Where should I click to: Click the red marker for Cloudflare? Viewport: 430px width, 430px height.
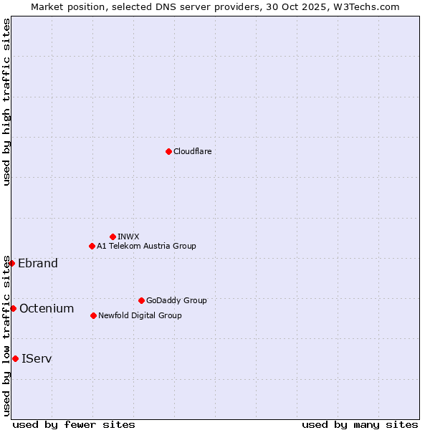pyautogui.click(x=168, y=151)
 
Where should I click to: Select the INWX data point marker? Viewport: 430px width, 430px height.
pyautogui.click(x=113, y=236)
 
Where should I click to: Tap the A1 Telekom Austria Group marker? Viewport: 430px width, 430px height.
pyautogui.click(x=92, y=246)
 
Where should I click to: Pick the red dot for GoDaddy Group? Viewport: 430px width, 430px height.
pyautogui.click(x=141, y=300)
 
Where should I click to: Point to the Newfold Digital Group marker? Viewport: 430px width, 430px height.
pyautogui.click(x=93, y=315)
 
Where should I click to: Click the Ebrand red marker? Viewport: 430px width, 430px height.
pyautogui.click(x=11, y=263)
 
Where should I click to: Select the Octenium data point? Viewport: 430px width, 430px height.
pyautogui.click(x=13, y=308)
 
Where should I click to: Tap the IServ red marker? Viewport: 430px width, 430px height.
pyautogui.click(x=15, y=358)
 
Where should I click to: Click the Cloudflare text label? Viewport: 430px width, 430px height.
pyautogui.click(x=192, y=151)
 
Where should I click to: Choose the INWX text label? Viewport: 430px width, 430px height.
pyautogui.click(x=128, y=236)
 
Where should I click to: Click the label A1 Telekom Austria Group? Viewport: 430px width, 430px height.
pyautogui.click(x=146, y=246)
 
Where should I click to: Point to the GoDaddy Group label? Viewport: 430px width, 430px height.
pyautogui.click(x=176, y=300)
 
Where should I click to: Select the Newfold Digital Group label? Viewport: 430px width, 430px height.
pyautogui.click(x=140, y=315)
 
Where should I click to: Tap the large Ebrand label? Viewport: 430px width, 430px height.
pyautogui.click(x=38, y=263)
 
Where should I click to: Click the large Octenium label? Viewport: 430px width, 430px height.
pyautogui.click(x=47, y=308)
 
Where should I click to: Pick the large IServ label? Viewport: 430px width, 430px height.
pyautogui.click(x=37, y=358)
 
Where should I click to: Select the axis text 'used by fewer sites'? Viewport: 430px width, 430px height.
pyautogui.click(x=74, y=424)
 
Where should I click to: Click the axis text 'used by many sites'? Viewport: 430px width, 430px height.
pyautogui.click(x=360, y=424)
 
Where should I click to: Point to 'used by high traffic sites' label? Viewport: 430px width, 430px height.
pyautogui.click(x=6, y=102)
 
